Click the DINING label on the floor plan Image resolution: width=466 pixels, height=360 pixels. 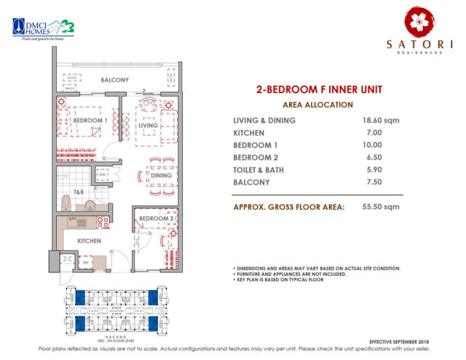click(161, 175)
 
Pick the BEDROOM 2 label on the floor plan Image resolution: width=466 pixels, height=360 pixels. click(154, 219)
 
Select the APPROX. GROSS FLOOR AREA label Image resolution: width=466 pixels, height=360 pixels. click(289, 206)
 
